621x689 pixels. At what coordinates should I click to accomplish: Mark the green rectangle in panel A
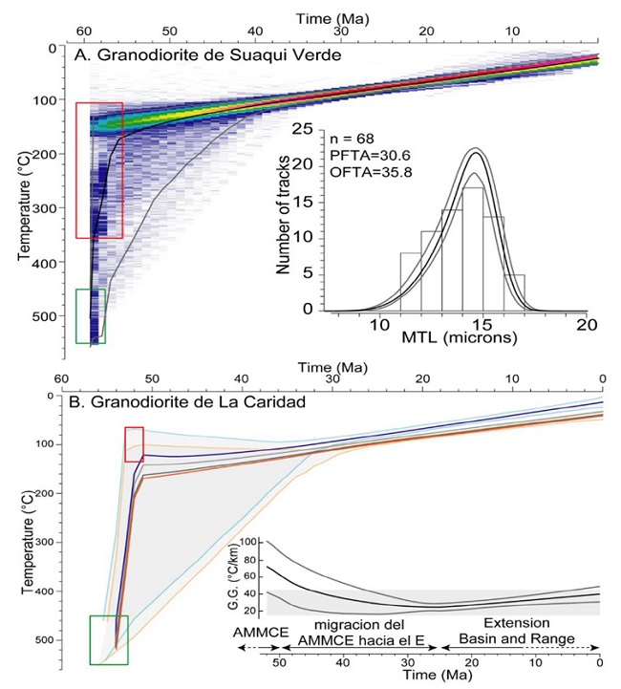(x=91, y=316)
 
